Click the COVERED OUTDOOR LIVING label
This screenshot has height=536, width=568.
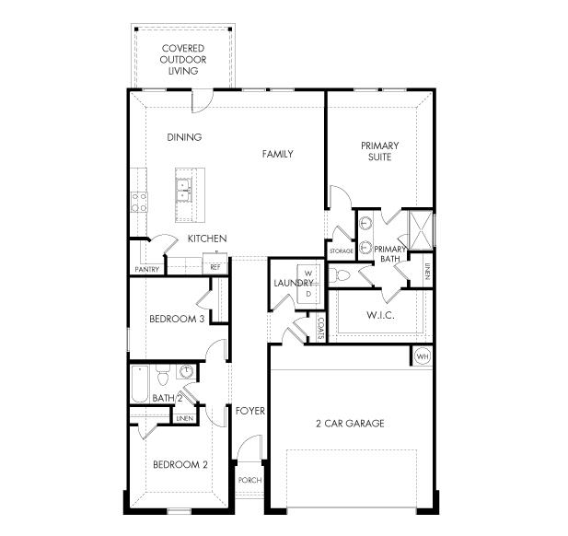[183, 59]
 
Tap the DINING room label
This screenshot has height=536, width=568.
[184, 137]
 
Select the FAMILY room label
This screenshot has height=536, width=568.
[277, 154]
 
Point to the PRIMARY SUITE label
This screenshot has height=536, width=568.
[379, 151]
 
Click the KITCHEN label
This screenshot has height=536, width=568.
[207, 239]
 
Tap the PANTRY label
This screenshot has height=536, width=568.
[146, 270]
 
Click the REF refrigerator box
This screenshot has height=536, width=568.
[215, 267]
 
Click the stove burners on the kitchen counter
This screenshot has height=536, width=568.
[139, 201]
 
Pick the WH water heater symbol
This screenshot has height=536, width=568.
[423, 356]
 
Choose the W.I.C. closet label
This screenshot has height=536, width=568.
[380, 316]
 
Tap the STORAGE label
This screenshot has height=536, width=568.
[342, 251]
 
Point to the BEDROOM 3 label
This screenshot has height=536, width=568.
[177, 320]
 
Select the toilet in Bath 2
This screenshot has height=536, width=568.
[163, 376]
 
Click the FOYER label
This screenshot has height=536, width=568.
[249, 410]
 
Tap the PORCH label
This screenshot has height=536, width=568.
[249, 480]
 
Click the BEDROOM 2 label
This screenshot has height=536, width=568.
[180, 464]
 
